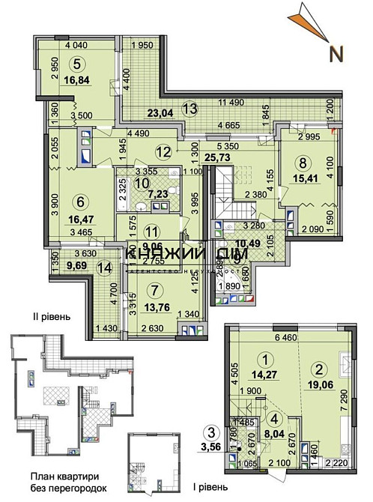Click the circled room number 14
pos(106,267)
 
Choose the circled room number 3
pos(213,431)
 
